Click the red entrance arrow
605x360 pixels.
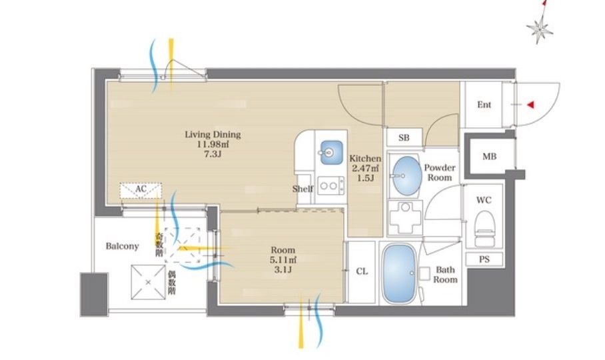coord(530,105)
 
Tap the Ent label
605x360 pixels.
coord(484,105)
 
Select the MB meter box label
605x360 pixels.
coord(489,156)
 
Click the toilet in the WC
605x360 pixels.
coord(484,228)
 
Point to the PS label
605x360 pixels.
coord(484,259)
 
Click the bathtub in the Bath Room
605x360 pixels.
coord(400,273)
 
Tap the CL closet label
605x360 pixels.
coord(362,271)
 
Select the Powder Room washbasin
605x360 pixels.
coord(406,177)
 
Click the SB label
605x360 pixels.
coord(404,138)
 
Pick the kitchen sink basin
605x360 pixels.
coord(331,153)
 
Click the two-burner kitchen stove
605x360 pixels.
coord(330,185)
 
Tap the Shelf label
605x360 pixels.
coord(302,189)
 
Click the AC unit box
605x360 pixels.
coord(141,191)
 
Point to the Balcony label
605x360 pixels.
coord(122,246)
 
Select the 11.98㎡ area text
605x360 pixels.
coord(213,144)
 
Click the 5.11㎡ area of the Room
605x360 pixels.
coord(283,260)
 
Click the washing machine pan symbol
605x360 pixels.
coord(404,217)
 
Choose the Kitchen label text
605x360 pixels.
coord(365,158)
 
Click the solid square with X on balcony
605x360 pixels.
coord(148,282)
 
